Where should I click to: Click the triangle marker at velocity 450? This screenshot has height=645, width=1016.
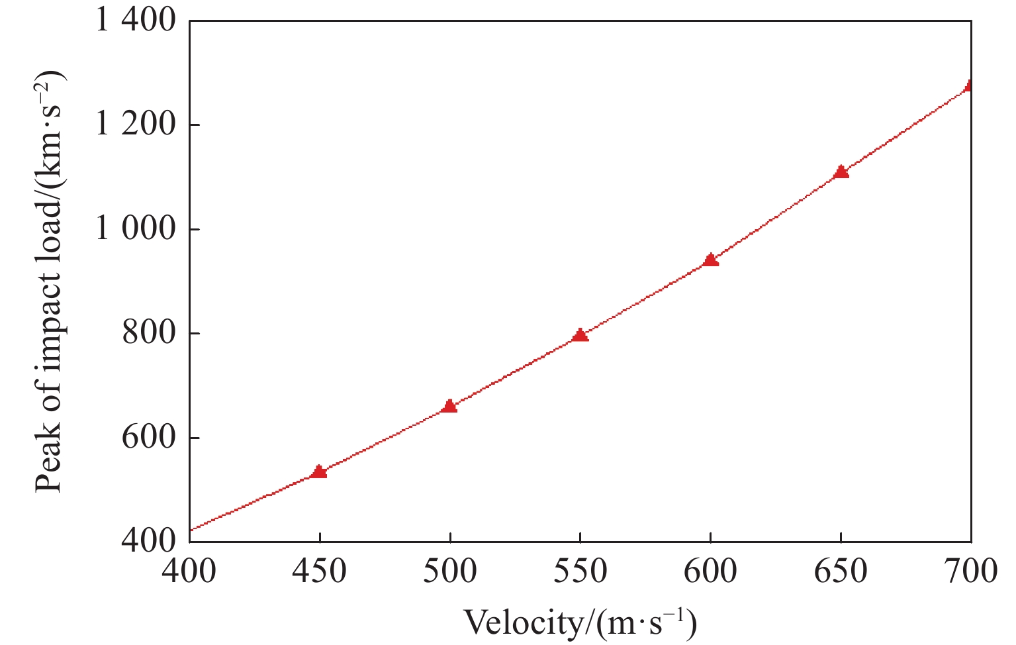[x=320, y=471]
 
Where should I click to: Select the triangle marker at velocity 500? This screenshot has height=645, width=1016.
[x=450, y=406]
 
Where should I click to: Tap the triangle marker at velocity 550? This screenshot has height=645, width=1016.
[x=580, y=334]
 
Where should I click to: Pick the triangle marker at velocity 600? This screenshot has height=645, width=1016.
[x=711, y=260]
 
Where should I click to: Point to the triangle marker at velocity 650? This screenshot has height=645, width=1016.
[x=841, y=172]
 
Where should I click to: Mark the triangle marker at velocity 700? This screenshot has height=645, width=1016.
[x=970, y=85]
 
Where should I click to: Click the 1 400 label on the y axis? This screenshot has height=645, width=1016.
[x=136, y=21]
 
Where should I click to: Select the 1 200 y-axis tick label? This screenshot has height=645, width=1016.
[x=136, y=125]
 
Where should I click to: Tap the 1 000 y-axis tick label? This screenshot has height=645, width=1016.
[x=136, y=229]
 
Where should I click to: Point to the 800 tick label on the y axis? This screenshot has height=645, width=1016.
[x=150, y=333]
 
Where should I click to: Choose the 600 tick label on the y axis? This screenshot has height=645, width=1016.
[x=150, y=438]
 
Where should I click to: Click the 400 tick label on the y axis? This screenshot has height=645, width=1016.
[x=150, y=542]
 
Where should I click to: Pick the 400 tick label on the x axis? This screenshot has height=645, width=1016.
[x=190, y=571]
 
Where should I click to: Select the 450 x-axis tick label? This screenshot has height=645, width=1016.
[x=320, y=571]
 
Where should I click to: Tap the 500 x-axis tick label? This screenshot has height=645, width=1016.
[x=450, y=571]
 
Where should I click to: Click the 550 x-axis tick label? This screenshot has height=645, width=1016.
[x=580, y=571]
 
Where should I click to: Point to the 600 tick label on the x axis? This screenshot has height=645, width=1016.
[x=711, y=571]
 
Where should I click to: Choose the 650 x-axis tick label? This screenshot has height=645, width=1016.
[x=841, y=571]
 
